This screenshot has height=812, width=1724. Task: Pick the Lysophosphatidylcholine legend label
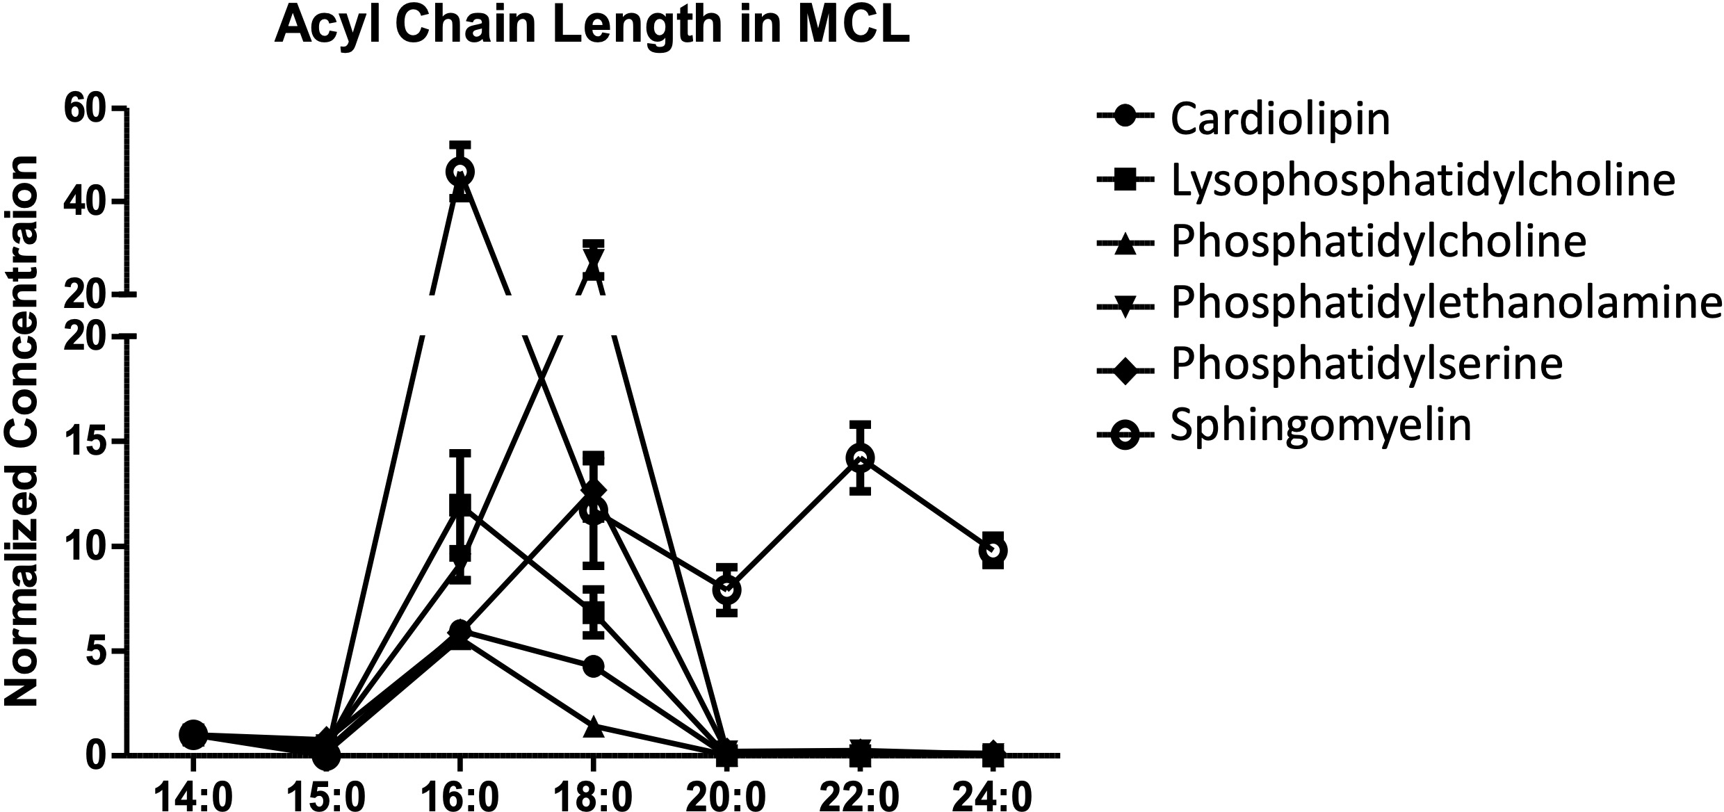tap(1422, 180)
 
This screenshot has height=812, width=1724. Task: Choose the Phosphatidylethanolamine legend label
tap(1446, 302)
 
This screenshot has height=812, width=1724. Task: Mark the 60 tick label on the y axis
tap(85, 109)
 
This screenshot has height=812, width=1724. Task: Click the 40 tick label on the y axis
tap(85, 202)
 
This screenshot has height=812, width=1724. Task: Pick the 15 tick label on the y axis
tap(85, 442)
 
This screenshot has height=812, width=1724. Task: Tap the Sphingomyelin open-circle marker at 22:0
tap(860, 457)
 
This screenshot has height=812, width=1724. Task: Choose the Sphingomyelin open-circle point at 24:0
tap(993, 551)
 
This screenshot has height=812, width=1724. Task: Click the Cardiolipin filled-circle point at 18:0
tap(593, 666)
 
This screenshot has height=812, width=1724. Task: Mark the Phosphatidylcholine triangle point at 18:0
tap(593, 727)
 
